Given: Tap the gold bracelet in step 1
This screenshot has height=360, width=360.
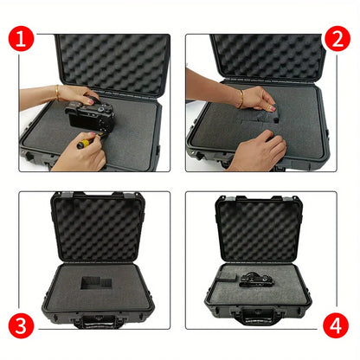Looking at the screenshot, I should (x=57, y=92).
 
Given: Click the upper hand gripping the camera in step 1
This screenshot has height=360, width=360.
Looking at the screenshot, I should (x=78, y=94).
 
